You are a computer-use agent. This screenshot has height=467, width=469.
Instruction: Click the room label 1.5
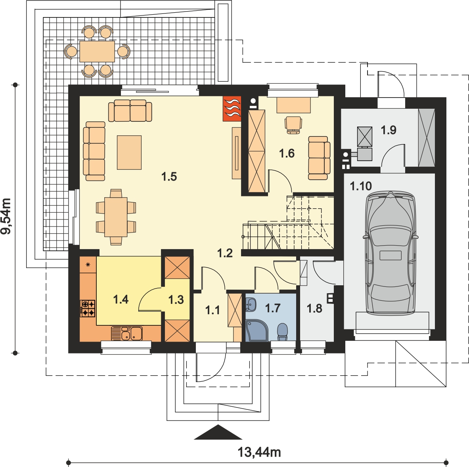tap(169, 177)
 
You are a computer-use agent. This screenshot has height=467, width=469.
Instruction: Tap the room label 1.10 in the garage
tap(361, 186)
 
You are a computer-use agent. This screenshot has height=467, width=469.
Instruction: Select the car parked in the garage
tap(390, 253)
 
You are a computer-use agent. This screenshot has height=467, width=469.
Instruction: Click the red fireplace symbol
tap(232, 109)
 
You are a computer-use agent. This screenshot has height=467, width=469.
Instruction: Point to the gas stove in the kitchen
tap(88, 308)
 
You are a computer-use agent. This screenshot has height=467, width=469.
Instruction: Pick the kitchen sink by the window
tap(127, 333)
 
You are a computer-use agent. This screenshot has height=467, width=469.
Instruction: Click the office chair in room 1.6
tap(293, 125)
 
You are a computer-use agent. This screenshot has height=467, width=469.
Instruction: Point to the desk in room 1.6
tap(293, 105)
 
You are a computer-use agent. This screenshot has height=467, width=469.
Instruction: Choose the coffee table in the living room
tap(129, 152)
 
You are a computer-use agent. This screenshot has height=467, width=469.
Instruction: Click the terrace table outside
tap(97, 52)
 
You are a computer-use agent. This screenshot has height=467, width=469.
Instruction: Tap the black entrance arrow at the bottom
tap(218, 432)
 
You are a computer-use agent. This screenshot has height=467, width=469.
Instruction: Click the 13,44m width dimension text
tap(259, 452)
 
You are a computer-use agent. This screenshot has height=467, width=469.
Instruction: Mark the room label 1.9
tap(389, 130)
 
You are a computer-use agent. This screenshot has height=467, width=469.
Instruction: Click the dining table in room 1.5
tap(116, 217)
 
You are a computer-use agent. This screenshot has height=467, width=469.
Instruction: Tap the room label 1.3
tap(176, 300)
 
